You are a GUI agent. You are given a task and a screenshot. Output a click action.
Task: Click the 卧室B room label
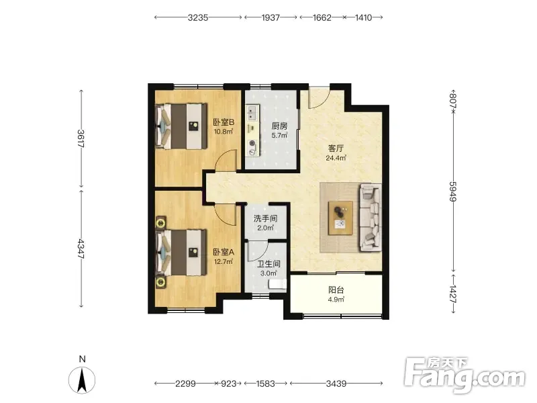[x=224, y=122]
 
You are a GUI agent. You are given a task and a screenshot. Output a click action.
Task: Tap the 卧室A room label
[x=224, y=253]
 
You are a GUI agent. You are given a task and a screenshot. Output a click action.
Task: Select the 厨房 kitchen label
[x=279, y=126]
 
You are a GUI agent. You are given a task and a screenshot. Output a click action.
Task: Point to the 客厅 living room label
[x=336, y=148]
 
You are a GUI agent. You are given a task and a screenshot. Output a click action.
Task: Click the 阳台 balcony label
[x=336, y=290]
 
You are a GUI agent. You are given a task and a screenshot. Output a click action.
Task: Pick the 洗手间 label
[x=265, y=218]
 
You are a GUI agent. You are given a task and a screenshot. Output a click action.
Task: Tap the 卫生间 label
[x=269, y=264]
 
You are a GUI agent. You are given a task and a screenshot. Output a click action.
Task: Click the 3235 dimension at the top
[x=198, y=17]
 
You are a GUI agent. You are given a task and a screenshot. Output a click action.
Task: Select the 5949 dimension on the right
[x=453, y=191]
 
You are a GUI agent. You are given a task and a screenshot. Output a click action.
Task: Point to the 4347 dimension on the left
[x=81, y=249]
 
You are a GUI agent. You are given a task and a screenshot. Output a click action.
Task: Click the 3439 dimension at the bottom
[x=336, y=384]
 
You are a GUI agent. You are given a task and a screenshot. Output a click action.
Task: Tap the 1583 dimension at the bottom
[x=265, y=384]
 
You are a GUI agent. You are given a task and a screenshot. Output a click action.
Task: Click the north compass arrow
[x=82, y=379]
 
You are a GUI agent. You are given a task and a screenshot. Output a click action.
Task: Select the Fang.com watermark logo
[x=465, y=375]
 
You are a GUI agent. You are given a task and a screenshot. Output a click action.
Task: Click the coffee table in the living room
[x=340, y=218]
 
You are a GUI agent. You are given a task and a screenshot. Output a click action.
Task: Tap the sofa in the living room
[x=371, y=217]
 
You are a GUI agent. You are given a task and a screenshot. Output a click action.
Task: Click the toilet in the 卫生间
[x=277, y=285]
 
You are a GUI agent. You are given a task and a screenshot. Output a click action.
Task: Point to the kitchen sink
[x=252, y=113]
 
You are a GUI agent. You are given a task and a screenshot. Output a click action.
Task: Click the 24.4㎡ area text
[x=336, y=158]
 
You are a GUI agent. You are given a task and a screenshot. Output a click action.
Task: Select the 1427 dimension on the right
[x=453, y=294]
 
